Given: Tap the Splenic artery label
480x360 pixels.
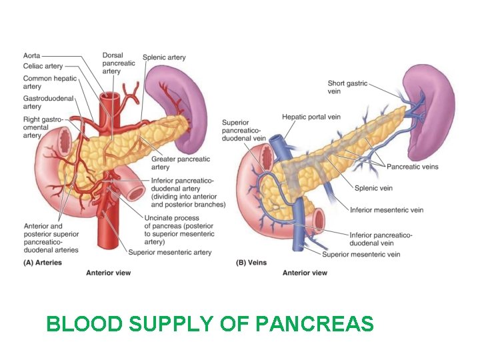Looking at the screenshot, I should click(x=163, y=58).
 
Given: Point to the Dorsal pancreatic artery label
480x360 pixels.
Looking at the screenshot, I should click(x=119, y=63).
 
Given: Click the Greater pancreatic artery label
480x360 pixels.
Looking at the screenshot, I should click(x=180, y=163).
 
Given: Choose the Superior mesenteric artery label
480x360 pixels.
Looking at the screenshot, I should click(x=170, y=252).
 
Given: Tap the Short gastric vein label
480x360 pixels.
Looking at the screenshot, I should click(x=347, y=87).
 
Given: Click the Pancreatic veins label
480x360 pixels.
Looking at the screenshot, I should click(x=413, y=167).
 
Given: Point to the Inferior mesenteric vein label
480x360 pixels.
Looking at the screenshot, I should click(x=387, y=210).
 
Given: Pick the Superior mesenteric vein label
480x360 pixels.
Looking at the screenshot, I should click(x=361, y=254).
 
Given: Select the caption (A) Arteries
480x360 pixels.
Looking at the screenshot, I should click(x=43, y=263).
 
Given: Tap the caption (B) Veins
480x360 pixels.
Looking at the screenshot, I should click(x=251, y=263).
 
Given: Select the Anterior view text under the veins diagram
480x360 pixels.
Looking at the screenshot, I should click(x=305, y=273).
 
